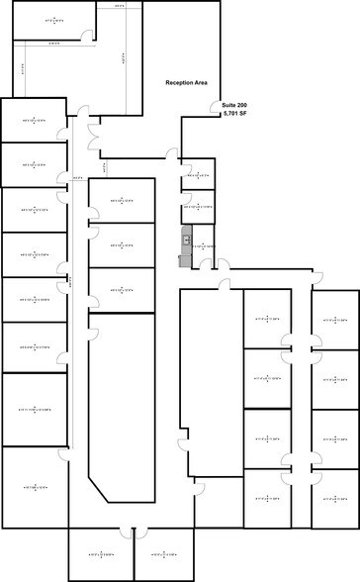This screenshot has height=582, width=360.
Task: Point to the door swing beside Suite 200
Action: coord(214,106)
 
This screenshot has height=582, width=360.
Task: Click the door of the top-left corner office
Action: coord(88,37)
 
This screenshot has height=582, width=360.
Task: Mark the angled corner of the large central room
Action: coord(96,486)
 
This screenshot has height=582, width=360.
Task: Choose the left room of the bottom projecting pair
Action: coord(99,554)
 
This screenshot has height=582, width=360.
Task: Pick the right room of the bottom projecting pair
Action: coord(163,554)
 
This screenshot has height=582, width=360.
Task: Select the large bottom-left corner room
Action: coord(34,487)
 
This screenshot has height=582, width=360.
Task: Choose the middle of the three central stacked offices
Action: coord(122,245)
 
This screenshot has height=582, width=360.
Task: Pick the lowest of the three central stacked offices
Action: coord(122,289)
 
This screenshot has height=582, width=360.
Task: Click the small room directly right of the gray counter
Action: coord(205,244)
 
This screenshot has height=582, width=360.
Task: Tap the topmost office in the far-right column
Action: coord(335,319)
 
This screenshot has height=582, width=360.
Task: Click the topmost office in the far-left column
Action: coord(33,120)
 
